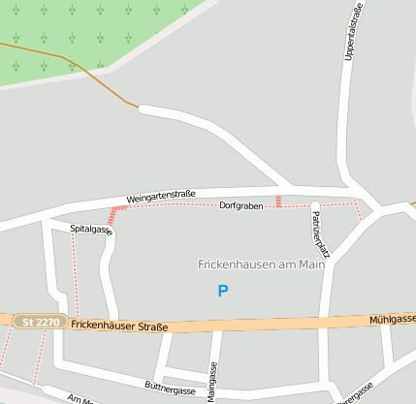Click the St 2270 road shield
40,322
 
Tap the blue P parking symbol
223,291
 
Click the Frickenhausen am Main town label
261,264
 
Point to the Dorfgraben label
240,206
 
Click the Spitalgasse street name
91,230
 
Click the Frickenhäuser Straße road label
119,326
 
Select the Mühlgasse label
392,319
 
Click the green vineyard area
87,34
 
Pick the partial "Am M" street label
80,398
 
